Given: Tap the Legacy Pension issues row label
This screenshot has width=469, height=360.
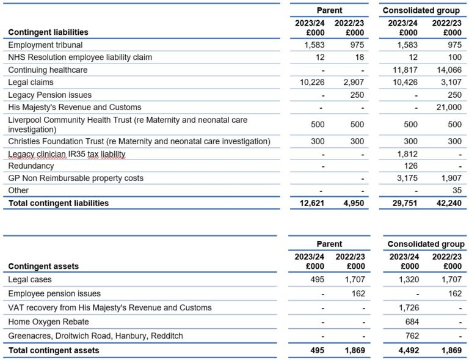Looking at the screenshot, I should click(49, 95).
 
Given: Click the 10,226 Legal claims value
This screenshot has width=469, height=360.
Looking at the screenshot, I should click(311, 82).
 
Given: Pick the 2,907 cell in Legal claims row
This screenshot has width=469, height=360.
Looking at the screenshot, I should click(352, 82).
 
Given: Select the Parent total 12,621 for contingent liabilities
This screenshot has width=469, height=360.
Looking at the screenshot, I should click(311, 203).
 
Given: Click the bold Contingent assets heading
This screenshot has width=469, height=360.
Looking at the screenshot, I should click(43, 266).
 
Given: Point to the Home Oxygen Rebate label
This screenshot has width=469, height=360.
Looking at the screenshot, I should click(48, 321).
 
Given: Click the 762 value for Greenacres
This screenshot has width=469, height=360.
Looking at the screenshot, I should click(410, 336).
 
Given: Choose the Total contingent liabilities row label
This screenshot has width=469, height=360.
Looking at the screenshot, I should click(59, 203).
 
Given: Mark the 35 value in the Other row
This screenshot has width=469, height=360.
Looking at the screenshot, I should click(456, 190).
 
